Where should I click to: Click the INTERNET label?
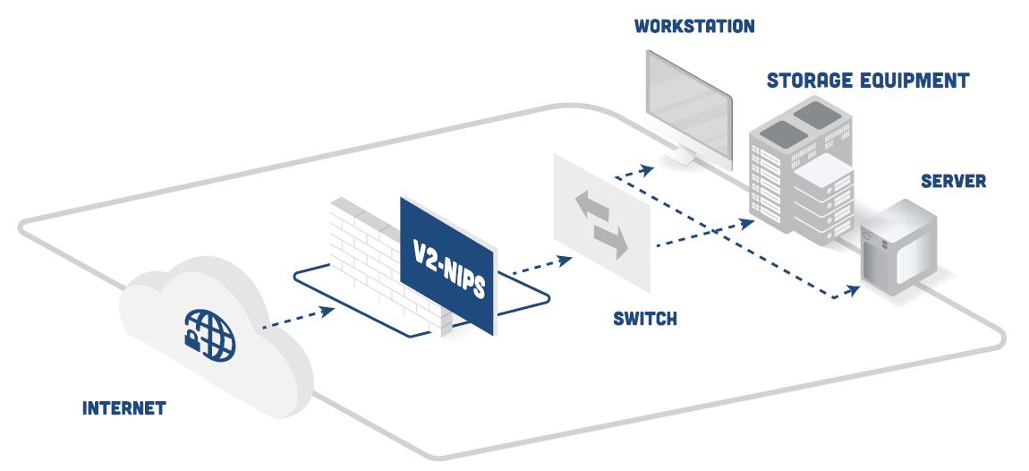pyautogui.click(x=124, y=408)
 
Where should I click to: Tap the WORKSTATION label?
pyautogui.click(x=694, y=26)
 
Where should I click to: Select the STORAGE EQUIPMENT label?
pyautogui.click(x=868, y=81)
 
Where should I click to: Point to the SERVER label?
pyautogui.click(x=954, y=181)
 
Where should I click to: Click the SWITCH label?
pyautogui.click(x=645, y=319)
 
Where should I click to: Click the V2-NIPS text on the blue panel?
pyautogui.click(x=449, y=268)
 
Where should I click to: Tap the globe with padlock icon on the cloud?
pyautogui.click(x=209, y=336)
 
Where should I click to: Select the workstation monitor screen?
pyautogui.click(x=689, y=108)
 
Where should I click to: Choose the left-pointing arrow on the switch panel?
pyautogui.click(x=592, y=206)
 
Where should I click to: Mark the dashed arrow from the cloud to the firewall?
pyautogui.click(x=299, y=317)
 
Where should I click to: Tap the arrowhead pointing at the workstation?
pyautogui.click(x=647, y=169)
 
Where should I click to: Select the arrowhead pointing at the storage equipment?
pyautogui.click(x=747, y=223)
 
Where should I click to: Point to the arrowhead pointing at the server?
pyautogui.click(x=852, y=290)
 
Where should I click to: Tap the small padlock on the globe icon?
pyautogui.click(x=191, y=339)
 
